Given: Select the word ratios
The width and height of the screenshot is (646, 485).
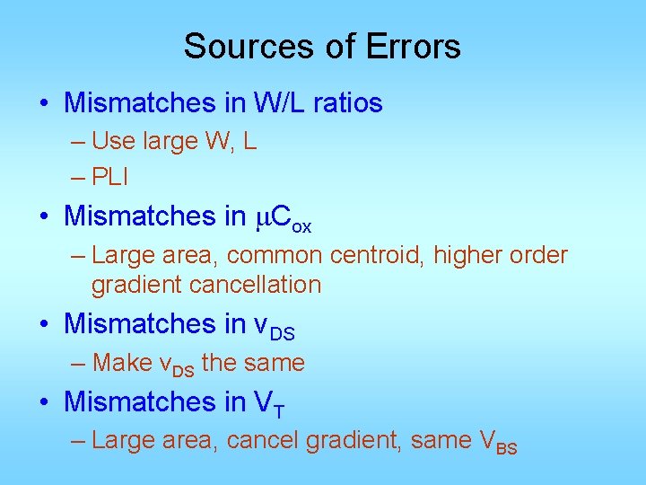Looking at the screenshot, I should click(348, 103).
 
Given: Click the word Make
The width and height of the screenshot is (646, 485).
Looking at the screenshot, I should click(122, 363).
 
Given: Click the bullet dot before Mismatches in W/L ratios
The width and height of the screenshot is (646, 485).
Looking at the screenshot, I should click(44, 104).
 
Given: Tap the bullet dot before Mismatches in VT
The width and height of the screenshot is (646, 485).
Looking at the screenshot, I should click(44, 402).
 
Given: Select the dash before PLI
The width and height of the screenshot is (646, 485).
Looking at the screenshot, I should click(79, 178).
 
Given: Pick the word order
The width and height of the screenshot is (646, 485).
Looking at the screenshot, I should click(538, 255).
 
